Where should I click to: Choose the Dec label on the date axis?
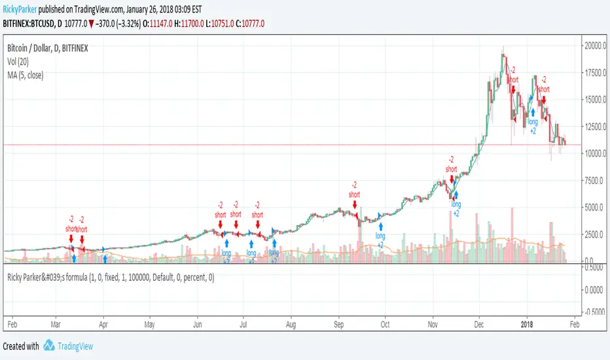point(479,324)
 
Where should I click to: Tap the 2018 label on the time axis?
point(526,324)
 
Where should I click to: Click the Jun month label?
point(198,324)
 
